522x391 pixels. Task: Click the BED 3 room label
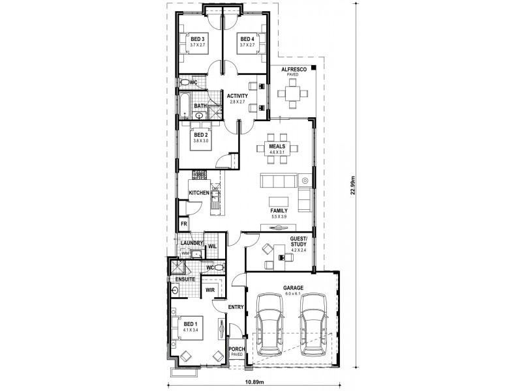click(x=198, y=39)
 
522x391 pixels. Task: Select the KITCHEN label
click(x=199, y=193)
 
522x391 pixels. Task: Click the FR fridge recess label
click(x=185, y=224)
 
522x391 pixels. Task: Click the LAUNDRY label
click(x=193, y=243)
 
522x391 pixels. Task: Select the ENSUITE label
click(x=185, y=279)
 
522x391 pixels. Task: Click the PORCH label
click(x=236, y=350)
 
